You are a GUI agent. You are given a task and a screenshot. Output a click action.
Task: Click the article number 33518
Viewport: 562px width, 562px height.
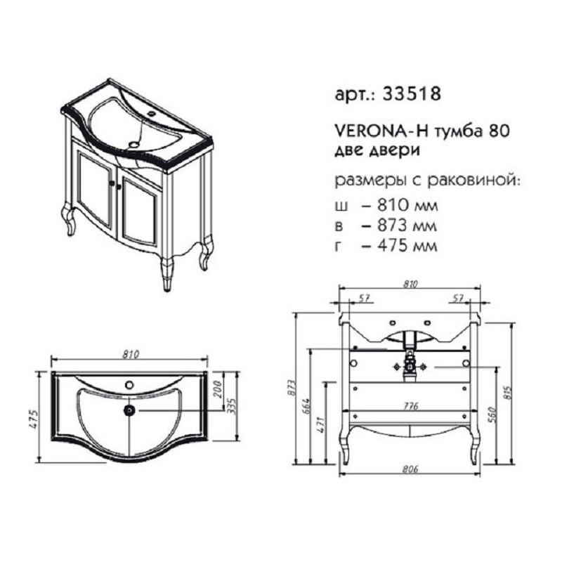coord(412,94)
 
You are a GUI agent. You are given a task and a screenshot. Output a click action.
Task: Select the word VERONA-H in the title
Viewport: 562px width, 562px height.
coord(381,131)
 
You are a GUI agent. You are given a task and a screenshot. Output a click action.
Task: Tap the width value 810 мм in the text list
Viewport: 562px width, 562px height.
coord(407,206)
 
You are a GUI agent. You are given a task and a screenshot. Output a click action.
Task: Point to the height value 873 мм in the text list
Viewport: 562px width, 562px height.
coord(407,226)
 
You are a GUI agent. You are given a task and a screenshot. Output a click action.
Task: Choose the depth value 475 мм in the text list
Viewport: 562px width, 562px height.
coord(407,246)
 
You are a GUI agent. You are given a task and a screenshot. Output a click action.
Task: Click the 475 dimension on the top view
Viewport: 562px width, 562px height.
coord(34,419)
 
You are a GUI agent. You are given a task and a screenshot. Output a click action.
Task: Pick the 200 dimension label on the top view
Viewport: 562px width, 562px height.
coord(218,389)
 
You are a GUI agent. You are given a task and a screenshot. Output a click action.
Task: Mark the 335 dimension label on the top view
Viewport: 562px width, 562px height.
coord(233,406)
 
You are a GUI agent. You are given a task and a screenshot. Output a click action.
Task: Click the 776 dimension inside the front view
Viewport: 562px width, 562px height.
coord(410,406)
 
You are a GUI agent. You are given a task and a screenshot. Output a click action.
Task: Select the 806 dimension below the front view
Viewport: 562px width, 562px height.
coord(410,469)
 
